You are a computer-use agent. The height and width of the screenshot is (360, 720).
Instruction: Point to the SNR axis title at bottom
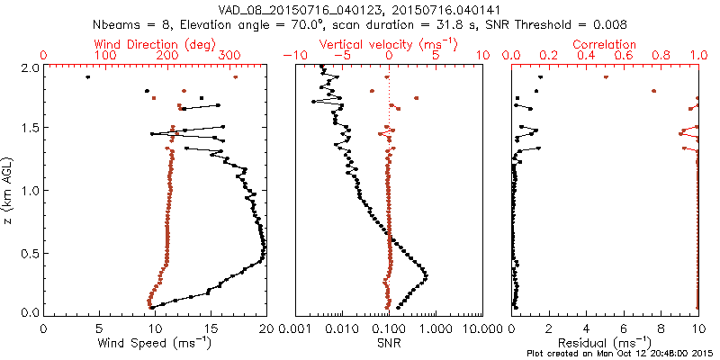tap(389, 342)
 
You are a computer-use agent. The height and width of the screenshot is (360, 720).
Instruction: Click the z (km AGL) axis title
tap(10, 191)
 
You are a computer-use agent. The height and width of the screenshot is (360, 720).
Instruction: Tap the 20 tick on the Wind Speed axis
tap(265, 328)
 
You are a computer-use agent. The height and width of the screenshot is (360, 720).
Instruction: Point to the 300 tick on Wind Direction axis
tap(229, 56)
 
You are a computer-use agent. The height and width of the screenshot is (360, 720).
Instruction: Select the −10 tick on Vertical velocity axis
tap(292, 56)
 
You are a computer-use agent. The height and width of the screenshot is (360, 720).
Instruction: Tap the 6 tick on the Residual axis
tap(623, 328)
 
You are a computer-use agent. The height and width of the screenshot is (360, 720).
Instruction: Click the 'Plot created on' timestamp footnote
tap(620, 354)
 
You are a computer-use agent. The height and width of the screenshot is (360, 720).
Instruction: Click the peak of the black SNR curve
tap(426, 275)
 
